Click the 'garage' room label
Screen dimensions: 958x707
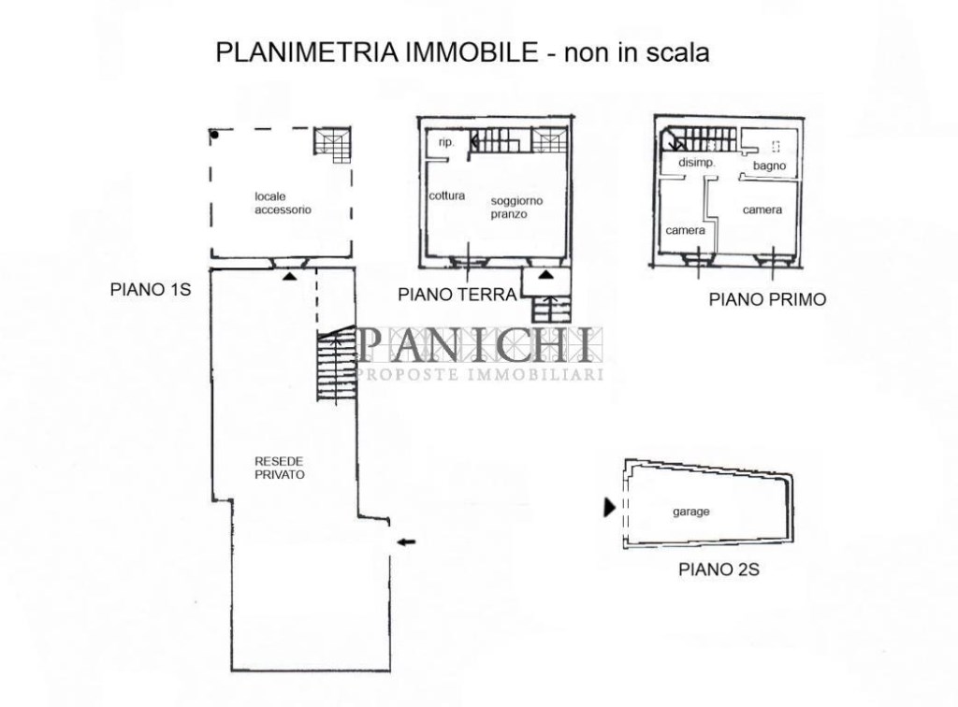pos(691,512)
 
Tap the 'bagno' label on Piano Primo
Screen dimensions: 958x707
pos(769,166)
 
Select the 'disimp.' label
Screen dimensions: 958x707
pos(696,163)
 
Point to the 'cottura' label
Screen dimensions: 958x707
pos(446,195)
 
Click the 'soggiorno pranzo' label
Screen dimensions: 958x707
pos(516,208)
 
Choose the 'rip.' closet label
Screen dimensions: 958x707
pos(446,143)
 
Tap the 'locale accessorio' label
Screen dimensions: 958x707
pos(283,203)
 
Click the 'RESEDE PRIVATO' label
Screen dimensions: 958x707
pos(279,468)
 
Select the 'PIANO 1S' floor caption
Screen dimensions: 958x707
pos(151,289)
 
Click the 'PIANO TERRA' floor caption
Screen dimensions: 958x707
pos(457,295)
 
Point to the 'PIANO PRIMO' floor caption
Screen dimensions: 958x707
pos(767,300)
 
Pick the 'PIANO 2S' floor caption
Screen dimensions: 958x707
pos(719,570)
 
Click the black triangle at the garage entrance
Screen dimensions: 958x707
pos(609,507)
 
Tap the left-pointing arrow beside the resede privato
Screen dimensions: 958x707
pos(406,541)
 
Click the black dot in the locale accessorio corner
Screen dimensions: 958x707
pos(214,135)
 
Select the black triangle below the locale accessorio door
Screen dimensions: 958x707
pos(290,277)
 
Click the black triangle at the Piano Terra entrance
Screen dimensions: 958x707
pos(546,274)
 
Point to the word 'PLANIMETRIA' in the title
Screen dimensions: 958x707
pos(308,51)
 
